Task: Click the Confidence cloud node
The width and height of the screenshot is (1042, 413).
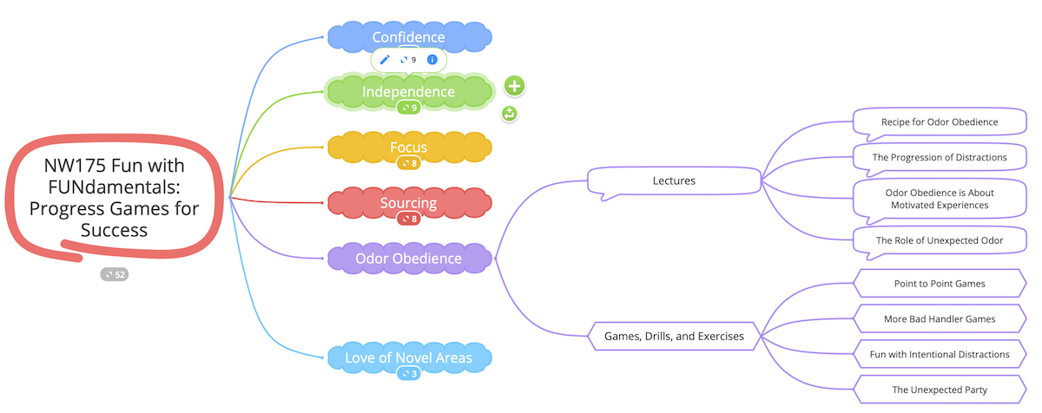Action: [x=408, y=37]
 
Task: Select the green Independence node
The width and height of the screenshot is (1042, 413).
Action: [x=408, y=91]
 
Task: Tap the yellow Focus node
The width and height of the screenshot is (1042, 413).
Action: [x=408, y=147]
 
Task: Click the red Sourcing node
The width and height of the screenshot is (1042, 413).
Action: [x=408, y=203]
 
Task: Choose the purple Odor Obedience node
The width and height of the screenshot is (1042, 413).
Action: [x=408, y=259]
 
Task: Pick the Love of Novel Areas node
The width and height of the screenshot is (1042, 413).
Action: [x=408, y=357]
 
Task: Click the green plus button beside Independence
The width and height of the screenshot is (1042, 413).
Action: [x=515, y=86]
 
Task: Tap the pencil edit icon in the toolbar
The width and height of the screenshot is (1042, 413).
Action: [x=386, y=60]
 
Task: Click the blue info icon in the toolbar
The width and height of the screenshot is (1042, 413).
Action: [x=432, y=60]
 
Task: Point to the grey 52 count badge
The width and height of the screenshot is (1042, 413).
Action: [x=114, y=274]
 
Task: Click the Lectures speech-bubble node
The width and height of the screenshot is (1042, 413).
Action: [x=674, y=180]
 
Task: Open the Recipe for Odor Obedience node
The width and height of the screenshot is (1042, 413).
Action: [x=939, y=122]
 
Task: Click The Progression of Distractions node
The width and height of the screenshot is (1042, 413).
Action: [x=939, y=157]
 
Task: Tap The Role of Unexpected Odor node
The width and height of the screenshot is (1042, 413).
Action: [x=939, y=240]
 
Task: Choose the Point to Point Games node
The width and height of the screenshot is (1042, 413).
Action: [x=939, y=284]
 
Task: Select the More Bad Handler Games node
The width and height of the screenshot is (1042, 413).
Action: [x=939, y=318]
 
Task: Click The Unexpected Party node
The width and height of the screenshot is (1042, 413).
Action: [x=939, y=390]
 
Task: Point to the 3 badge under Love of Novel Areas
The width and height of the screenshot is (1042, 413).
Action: [x=408, y=374]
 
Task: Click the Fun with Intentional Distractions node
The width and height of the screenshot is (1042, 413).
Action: [x=939, y=354]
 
